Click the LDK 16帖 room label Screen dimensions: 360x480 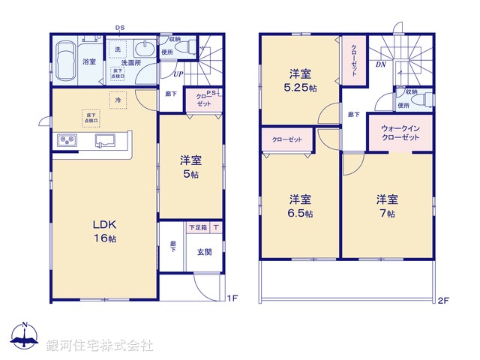point(103,230)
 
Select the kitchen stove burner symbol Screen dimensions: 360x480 point(64,141)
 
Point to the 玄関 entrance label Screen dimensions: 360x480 point(203,252)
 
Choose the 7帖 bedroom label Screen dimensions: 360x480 point(387,206)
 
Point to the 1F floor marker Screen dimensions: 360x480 point(232,298)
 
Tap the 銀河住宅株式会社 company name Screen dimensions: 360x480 point(100,345)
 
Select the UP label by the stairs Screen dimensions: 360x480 point(178,73)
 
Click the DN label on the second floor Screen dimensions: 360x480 point(381,65)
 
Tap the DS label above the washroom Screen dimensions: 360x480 point(119,28)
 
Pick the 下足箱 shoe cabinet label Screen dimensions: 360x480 point(197,227)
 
